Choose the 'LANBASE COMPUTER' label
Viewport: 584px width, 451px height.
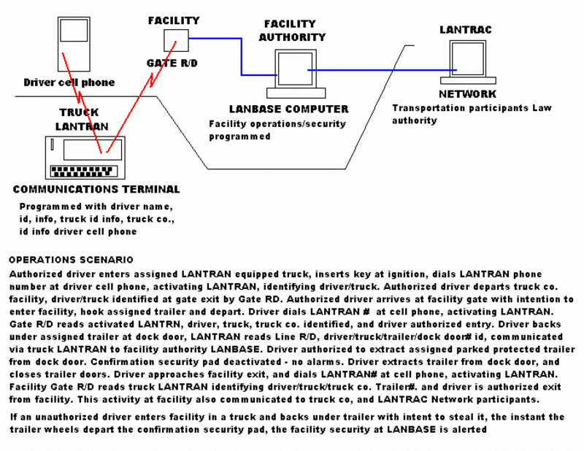(x=288, y=109)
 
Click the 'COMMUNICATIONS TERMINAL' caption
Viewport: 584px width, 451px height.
(x=96, y=189)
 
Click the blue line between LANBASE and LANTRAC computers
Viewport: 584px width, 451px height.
(x=380, y=70)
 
